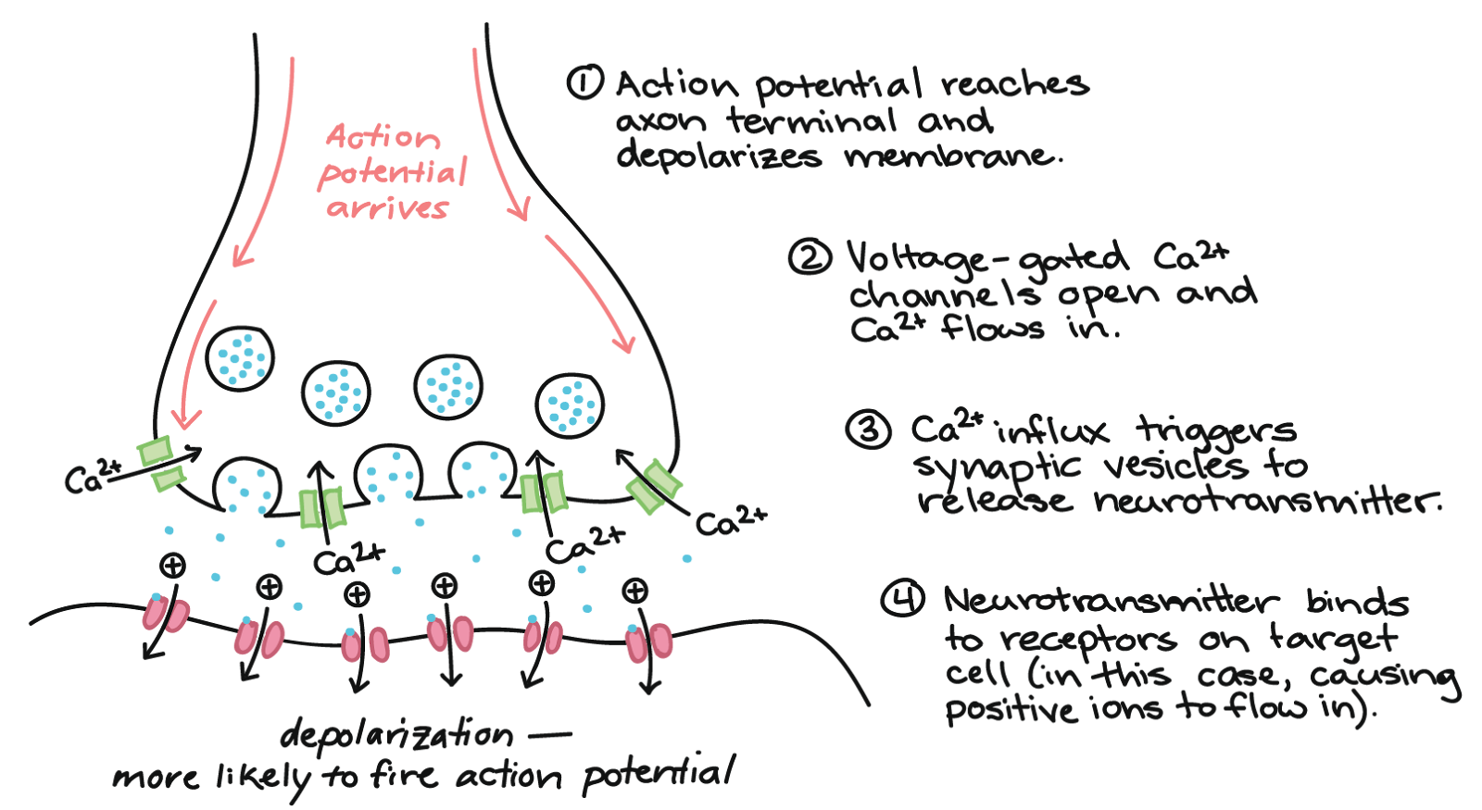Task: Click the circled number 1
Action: pyautogui.click(x=584, y=82)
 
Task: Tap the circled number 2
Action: pyautogui.click(x=810, y=257)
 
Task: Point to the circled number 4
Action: pyautogui.click(x=902, y=600)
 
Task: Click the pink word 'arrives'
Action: pyautogui.click(x=388, y=207)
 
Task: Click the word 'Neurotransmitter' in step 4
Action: pyautogui.click(x=1111, y=601)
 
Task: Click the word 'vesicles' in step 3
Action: pyautogui.click(x=1176, y=466)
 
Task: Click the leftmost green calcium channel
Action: pyautogui.click(x=161, y=463)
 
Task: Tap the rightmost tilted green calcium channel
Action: pyautogui.click(x=654, y=488)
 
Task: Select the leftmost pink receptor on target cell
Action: pyautogui.click(x=166, y=616)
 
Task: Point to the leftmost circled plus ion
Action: pyautogui.click(x=172, y=566)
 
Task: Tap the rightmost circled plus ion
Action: pyautogui.click(x=635, y=591)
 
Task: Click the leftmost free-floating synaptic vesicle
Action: pyautogui.click(x=240, y=357)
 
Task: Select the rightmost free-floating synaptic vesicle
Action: pyautogui.click(x=570, y=405)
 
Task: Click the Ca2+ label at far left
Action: pyautogui.click(x=93, y=476)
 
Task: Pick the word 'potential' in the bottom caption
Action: pyautogui.click(x=658, y=775)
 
